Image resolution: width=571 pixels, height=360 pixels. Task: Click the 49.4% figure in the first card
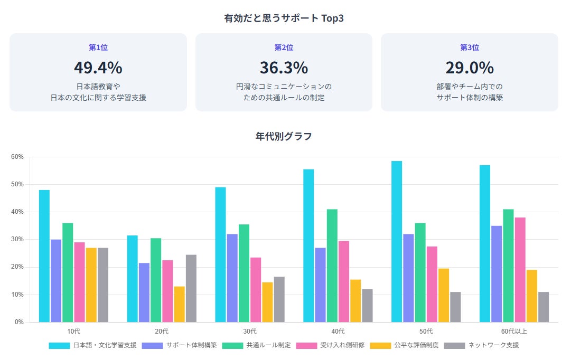(98, 68)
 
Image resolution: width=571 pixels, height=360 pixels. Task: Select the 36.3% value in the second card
(284, 68)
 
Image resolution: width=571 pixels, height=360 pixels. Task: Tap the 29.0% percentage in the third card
(470, 68)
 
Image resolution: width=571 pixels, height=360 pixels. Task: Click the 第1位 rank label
(98, 48)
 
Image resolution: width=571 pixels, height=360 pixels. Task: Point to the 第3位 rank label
(470, 48)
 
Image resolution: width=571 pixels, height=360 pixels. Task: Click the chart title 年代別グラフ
(284, 137)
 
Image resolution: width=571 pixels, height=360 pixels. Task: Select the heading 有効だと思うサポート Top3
(284, 18)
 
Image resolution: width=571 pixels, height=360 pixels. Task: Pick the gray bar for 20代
(191, 288)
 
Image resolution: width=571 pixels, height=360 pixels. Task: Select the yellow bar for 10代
(91, 285)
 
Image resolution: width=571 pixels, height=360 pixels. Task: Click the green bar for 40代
(332, 266)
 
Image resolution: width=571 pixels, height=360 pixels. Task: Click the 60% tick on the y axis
(17, 157)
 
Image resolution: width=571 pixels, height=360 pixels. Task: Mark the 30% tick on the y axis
(17, 239)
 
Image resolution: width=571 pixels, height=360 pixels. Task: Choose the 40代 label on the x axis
(338, 331)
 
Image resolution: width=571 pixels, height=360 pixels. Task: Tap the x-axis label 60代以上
(514, 331)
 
